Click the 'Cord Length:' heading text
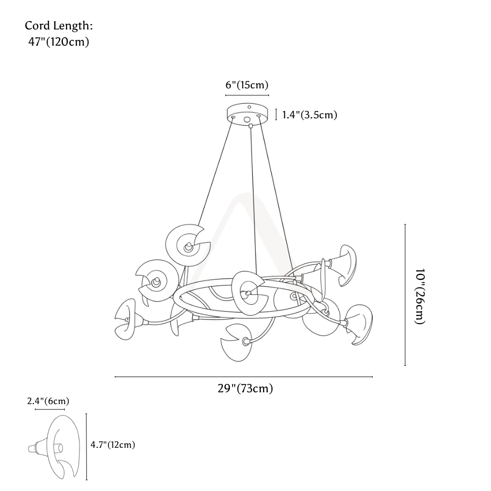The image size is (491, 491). pos(59,26)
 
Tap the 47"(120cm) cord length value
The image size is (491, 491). pos(59,42)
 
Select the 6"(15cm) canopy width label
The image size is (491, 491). pos(247,85)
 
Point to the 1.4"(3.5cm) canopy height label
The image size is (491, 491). pos(310,115)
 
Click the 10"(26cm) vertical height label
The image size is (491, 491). pos(420,296)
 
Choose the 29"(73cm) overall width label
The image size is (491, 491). pos(245,388)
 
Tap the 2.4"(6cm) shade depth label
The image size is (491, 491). pos(48,401)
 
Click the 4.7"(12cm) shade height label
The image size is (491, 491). pos(113,445)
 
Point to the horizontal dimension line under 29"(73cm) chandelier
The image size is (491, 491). pos(244,377)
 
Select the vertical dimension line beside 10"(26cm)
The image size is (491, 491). pos(405,295)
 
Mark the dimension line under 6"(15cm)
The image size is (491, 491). pos(247,95)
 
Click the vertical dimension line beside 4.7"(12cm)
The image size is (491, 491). pos(86,447)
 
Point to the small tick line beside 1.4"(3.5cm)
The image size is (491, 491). pos(276,114)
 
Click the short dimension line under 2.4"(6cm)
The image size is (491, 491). pos(50,409)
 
